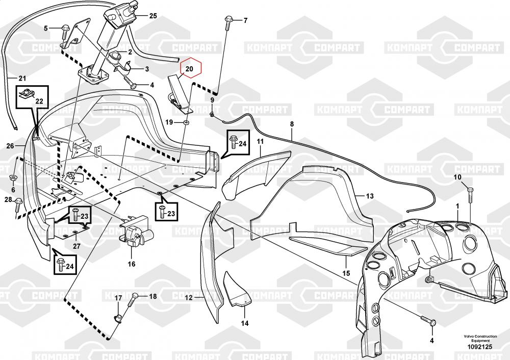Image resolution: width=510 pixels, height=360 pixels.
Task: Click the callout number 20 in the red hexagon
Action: coord(189,69)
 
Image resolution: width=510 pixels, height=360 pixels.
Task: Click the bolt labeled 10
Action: coord(470,194)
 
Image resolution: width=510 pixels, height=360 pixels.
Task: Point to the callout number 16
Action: coord(131,264)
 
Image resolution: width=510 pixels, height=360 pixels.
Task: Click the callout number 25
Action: coord(153,16)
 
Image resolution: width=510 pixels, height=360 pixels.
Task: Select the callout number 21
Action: coord(22,79)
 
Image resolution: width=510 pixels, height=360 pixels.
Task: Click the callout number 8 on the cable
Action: coord(292,124)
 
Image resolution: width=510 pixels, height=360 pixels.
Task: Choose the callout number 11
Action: coord(260,141)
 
